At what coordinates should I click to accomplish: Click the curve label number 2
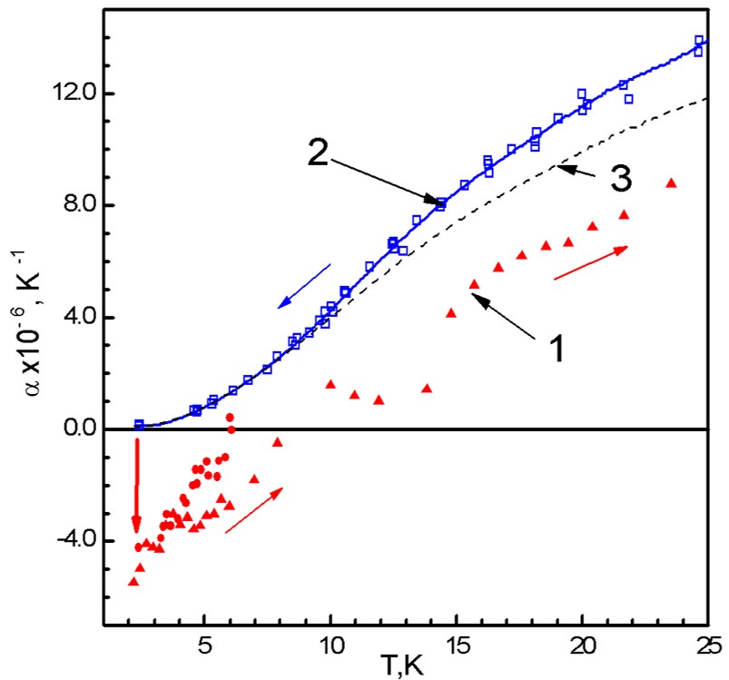(318, 153)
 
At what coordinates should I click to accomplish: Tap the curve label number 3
(620, 179)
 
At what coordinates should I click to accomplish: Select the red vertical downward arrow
(137, 486)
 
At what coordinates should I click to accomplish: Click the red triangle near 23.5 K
(671, 182)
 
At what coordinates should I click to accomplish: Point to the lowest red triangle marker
(133, 581)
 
